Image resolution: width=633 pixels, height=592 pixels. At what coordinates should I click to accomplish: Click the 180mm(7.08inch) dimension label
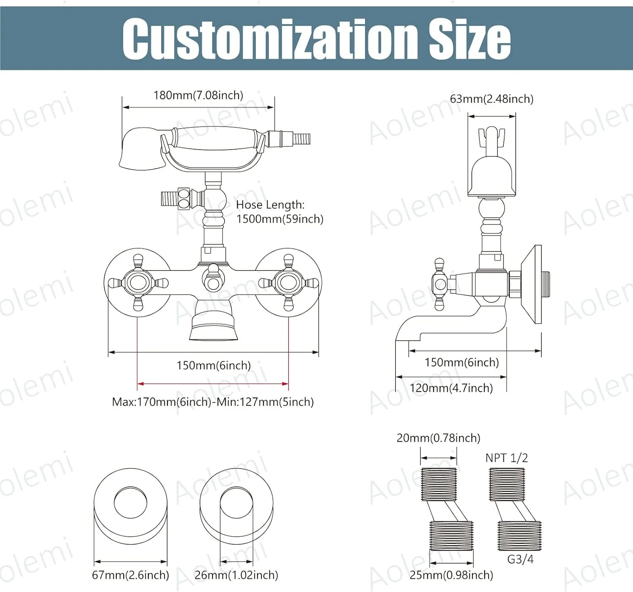tap(198, 95)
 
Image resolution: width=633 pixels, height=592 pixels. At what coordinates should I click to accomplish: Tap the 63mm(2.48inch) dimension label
tap(492, 99)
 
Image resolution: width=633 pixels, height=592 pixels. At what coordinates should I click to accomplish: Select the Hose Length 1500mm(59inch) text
tap(279, 212)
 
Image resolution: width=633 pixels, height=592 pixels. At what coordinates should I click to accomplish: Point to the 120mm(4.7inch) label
tap(451, 388)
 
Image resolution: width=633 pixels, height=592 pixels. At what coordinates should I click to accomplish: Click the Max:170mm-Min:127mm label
tap(213, 402)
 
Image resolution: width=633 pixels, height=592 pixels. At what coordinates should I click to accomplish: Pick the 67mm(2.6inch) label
tap(130, 575)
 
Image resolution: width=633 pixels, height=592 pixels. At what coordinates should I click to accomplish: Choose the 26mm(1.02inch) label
tap(236, 575)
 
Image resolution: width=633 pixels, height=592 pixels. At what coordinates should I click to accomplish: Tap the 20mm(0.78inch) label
tap(438, 438)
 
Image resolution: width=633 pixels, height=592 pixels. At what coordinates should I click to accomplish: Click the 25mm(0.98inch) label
tap(451, 575)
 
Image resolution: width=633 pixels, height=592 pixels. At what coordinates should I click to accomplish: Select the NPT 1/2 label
tap(506, 458)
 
